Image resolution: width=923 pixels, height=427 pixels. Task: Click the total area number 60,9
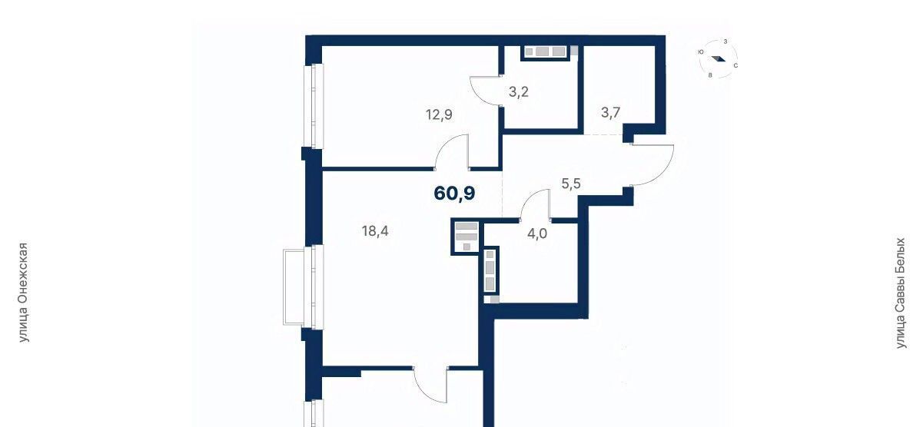pyautogui.click(x=454, y=193)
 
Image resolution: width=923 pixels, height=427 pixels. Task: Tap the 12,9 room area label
pyautogui.click(x=439, y=114)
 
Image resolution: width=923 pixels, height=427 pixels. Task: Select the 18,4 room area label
pyautogui.click(x=375, y=231)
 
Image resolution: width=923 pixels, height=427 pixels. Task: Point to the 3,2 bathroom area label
pyautogui.click(x=518, y=92)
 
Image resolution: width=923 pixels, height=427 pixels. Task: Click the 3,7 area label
pyautogui.click(x=611, y=112)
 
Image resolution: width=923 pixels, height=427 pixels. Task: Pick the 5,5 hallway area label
pyautogui.click(x=571, y=184)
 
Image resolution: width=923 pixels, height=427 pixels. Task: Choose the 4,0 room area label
pyautogui.click(x=537, y=234)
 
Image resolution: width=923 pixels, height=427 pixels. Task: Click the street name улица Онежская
pyautogui.click(x=24, y=293)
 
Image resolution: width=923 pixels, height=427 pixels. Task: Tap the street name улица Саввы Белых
pyautogui.click(x=901, y=293)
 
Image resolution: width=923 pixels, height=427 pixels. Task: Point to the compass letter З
pyautogui.click(x=725, y=41)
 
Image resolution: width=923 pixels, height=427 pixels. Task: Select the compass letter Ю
pyautogui.click(x=701, y=52)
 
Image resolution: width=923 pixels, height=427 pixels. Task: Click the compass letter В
pyautogui.click(x=710, y=75)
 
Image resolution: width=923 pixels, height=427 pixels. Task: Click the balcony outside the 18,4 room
pyautogui.click(x=297, y=287)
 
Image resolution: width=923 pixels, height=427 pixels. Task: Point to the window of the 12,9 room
pyautogui.click(x=314, y=106)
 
